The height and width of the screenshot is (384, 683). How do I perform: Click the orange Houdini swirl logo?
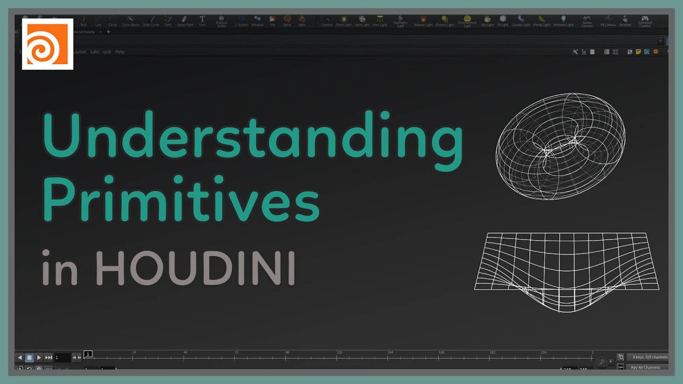pyautogui.click(x=47, y=44)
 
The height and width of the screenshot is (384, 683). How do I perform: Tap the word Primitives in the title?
pyautogui.click(x=181, y=199)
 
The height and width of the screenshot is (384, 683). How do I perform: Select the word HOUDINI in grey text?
pyautogui.click(x=195, y=268)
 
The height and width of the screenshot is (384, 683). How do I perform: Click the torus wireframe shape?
pyautogui.click(x=560, y=146)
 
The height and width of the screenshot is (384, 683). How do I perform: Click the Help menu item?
pyautogui.click(x=120, y=52)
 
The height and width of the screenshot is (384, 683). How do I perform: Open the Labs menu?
pyautogui.click(x=95, y=52)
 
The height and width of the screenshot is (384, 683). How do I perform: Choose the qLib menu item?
pyautogui.click(x=107, y=52)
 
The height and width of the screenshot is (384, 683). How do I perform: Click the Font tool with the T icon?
pyautogui.click(x=202, y=21)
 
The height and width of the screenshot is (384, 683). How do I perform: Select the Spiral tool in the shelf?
pyautogui.click(x=287, y=21)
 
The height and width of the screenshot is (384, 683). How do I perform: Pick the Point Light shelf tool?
pyautogui.click(x=344, y=21)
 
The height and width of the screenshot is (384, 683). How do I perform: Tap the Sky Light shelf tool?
pyautogui.click(x=487, y=21)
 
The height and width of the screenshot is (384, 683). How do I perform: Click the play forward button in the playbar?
pyautogui.click(x=39, y=357)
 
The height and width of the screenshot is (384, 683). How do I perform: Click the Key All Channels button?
pyautogui.click(x=645, y=367)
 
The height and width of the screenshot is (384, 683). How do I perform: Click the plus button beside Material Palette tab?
pyautogui.click(x=109, y=32)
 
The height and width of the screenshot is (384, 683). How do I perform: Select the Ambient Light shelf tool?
pyautogui.click(x=563, y=21)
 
